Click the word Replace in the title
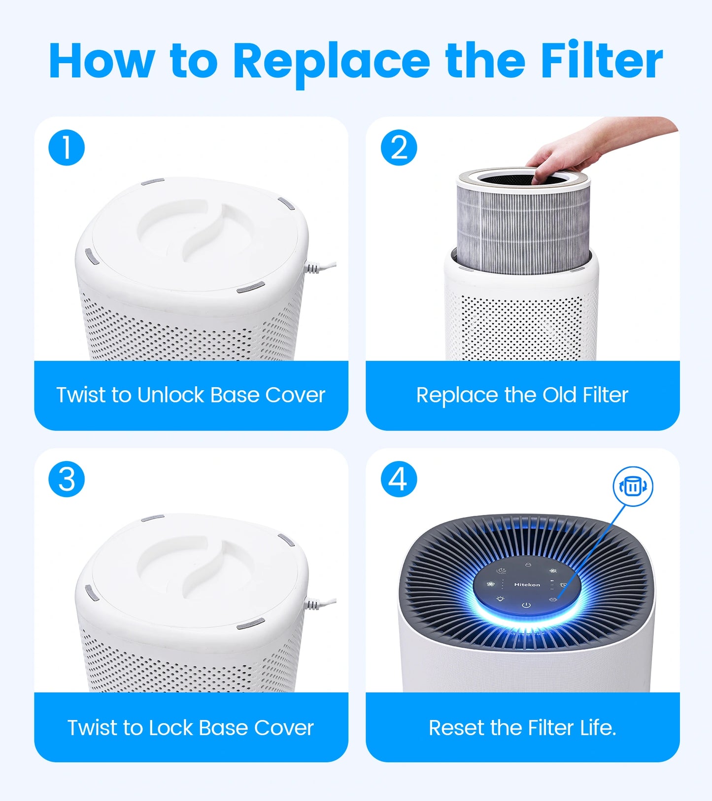click(331, 62)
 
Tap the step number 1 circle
click(67, 147)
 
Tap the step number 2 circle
click(399, 147)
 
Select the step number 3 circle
click(67, 479)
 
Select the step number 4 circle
click(399, 479)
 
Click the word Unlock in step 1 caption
click(170, 395)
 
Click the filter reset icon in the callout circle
click(633, 487)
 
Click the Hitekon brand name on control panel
click(527, 585)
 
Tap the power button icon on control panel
click(526, 605)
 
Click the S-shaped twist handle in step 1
click(202, 232)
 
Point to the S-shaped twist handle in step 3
click(202, 567)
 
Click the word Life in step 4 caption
click(597, 728)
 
